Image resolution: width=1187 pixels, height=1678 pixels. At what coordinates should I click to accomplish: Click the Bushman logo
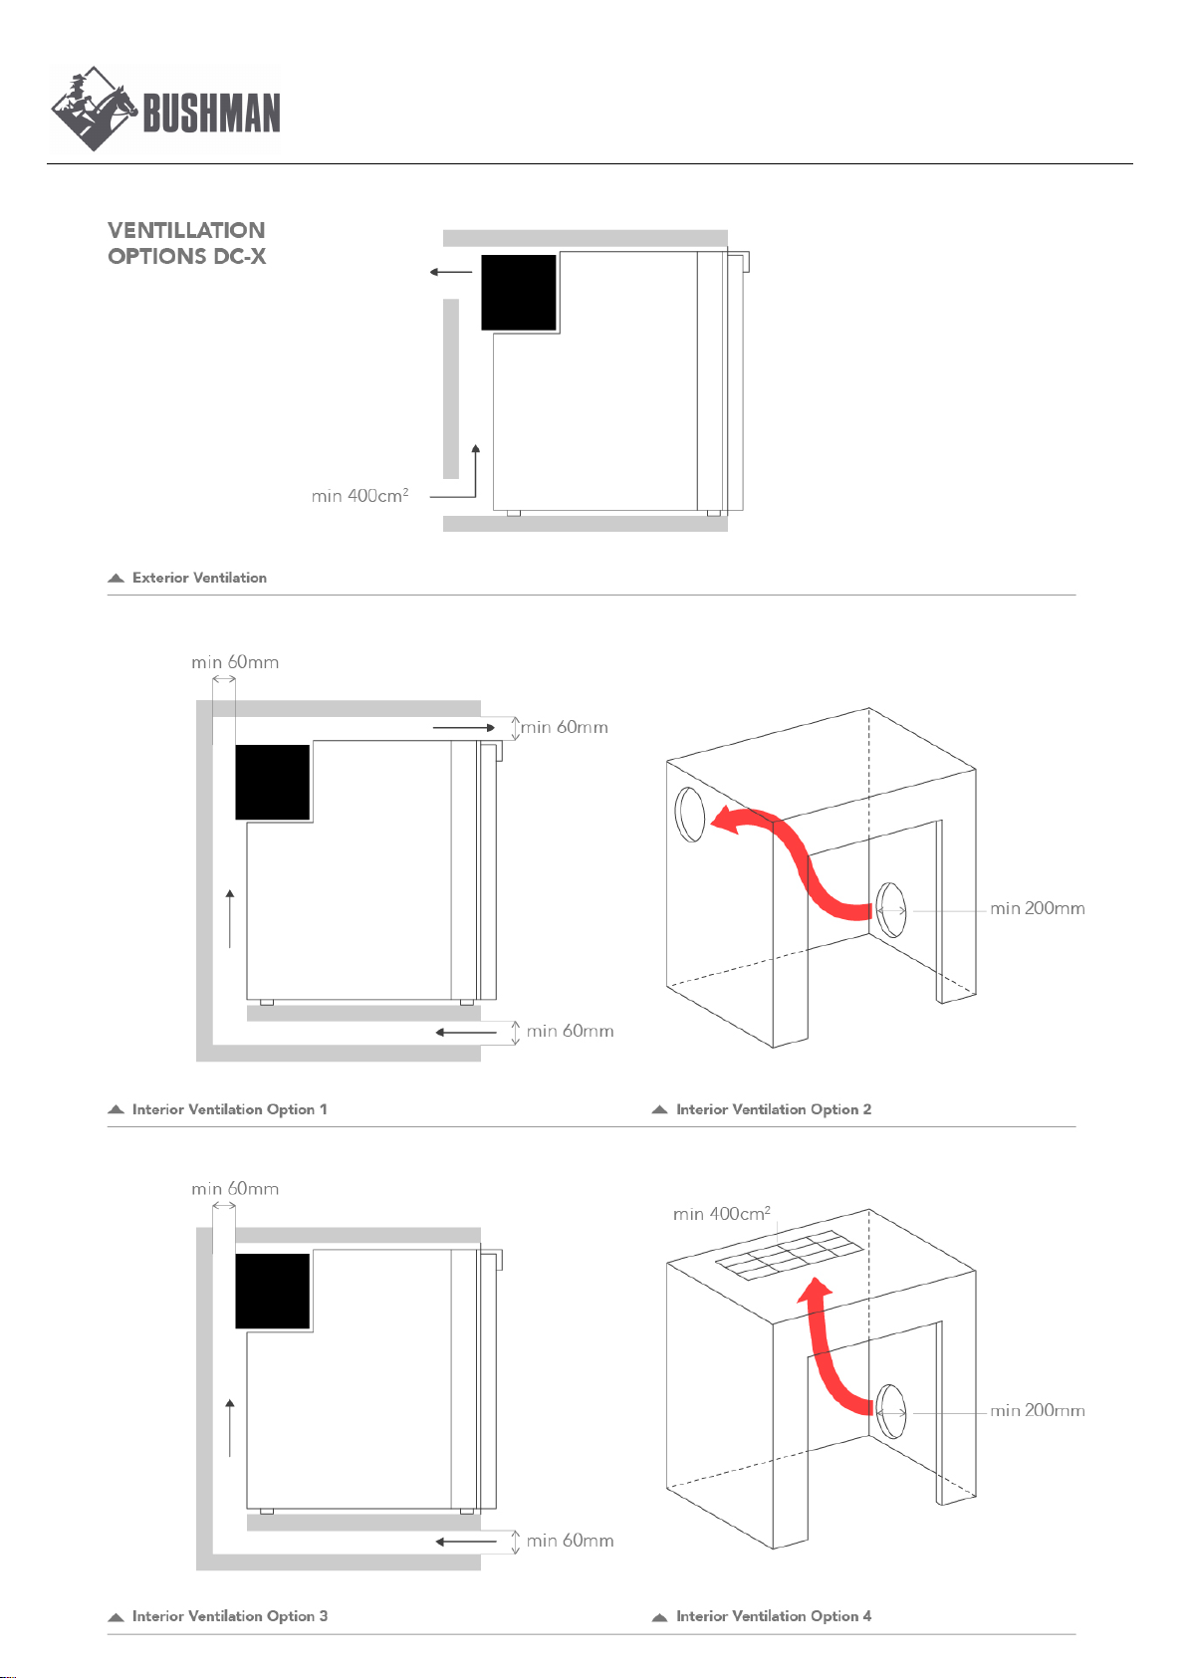click(165, 109)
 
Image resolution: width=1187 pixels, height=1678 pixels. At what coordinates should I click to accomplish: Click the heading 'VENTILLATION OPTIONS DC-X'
click(186, 243)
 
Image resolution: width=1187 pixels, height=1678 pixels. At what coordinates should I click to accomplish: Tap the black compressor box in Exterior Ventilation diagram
click(518, 292)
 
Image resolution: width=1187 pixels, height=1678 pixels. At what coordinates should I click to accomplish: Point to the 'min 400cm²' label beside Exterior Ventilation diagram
click(360, 495)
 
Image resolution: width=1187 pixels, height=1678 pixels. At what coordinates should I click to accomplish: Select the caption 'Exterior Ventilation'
click(199, 578)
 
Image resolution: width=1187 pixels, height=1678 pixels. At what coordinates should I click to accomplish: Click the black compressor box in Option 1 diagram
click(273, 782)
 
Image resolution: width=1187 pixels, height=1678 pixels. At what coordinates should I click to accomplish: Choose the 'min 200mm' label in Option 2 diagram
click(1038, 908)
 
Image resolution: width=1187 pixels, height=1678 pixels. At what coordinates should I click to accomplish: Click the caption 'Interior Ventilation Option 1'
click(229, 1109)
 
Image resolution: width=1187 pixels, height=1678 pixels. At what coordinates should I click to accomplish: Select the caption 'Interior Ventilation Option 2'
click(774, 1109)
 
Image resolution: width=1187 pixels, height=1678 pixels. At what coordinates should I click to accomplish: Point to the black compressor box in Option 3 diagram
click(273, 1291)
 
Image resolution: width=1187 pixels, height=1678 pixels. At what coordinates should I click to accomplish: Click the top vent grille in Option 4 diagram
click(790, 1256)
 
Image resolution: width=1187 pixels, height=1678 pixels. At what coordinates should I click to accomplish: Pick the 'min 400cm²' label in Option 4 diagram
click(721, 1214)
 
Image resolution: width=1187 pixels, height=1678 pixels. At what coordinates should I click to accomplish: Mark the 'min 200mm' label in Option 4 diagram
click(1038, 1410)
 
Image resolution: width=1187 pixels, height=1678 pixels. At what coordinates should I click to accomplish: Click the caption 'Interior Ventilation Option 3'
click(229, 1616)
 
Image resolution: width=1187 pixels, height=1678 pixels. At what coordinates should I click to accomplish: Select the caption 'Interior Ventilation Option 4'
click(774, 1616)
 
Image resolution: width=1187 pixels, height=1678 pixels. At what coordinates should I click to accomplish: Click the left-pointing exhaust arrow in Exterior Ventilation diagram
click(451, 272)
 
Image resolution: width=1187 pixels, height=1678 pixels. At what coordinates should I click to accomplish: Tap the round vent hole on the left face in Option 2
click(690, 815)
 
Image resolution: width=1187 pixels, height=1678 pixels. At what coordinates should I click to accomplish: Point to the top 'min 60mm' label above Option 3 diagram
click(235, 1189)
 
